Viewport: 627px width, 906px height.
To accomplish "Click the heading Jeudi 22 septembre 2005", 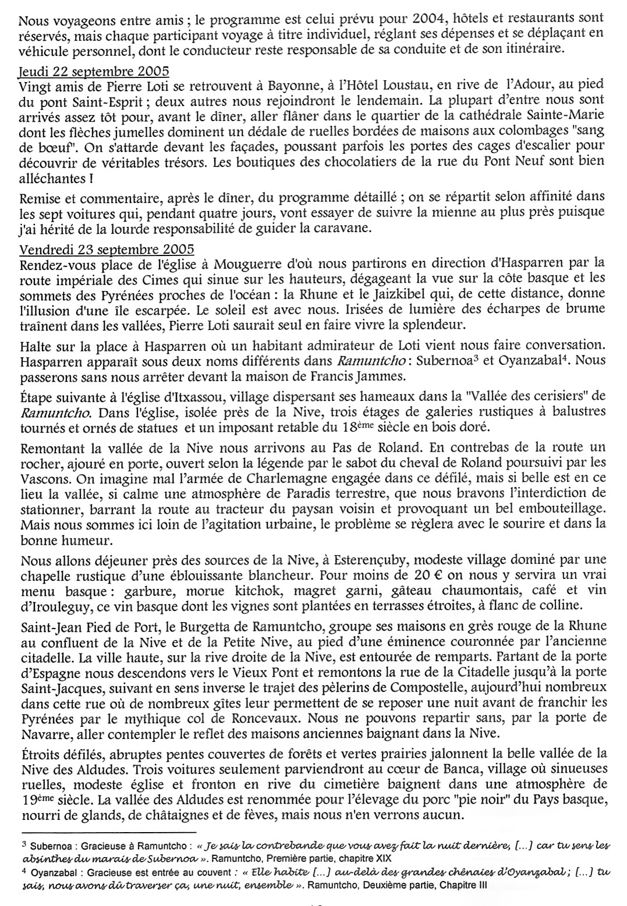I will pyautogui.click(x=94, y=72).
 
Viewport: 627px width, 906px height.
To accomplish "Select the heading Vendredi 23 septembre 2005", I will pyautogui.click(x=107, y=250).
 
